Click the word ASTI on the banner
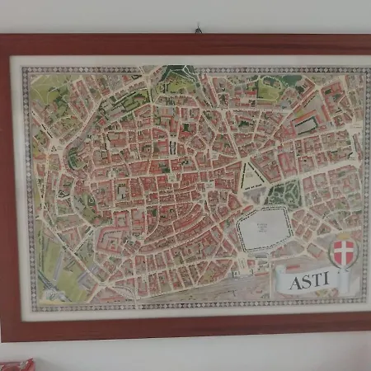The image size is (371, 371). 310,279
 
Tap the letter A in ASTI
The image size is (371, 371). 296,281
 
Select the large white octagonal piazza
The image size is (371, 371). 263,228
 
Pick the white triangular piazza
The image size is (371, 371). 251,176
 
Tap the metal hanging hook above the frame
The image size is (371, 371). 198,30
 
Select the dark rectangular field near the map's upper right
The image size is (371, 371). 306,124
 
